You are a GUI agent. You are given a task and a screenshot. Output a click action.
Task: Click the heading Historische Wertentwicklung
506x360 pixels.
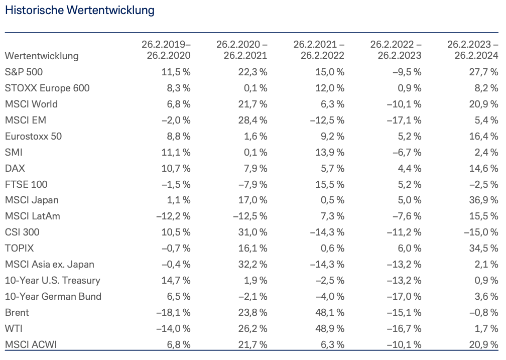(x=80, y=10)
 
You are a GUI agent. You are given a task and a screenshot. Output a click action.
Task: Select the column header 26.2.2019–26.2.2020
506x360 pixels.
(x=166, y=50)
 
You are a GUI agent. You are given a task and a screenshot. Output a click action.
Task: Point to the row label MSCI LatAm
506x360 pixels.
(x=32, y=216)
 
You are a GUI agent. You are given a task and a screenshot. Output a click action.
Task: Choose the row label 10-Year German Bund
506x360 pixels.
(x=53, y=296)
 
